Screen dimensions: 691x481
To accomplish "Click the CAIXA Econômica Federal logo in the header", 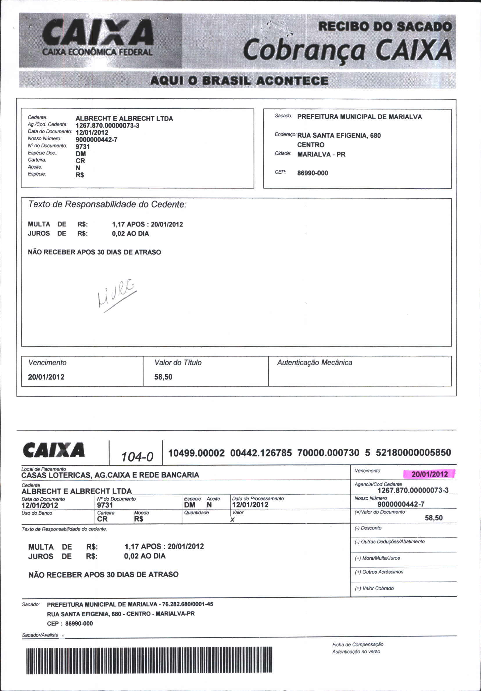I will pos(98,38).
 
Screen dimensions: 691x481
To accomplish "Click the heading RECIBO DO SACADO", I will pos(385,27).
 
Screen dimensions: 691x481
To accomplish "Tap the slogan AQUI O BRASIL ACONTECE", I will pos(239,81).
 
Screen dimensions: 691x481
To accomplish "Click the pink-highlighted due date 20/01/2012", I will pos(430,474).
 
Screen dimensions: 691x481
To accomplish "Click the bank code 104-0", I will pos(137,457).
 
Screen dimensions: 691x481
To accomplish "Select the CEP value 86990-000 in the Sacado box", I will pos(313,173).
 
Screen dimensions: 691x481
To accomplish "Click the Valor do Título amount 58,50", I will pos(163,377).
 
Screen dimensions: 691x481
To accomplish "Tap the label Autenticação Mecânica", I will pos(315,362).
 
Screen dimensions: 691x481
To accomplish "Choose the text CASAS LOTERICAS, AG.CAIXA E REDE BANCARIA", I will pos(110,475).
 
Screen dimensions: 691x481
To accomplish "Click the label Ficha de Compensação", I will pos(358,644).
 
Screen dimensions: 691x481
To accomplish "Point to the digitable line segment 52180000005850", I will pos(413,453).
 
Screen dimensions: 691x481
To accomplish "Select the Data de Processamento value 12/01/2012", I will pos(250,505).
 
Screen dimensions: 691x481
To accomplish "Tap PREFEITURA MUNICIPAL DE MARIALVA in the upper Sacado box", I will pos(359,117).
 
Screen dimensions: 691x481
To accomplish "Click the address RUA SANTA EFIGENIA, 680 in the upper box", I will pos(339,135).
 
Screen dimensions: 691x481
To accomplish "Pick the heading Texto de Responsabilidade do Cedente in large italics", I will pos(107,204).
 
